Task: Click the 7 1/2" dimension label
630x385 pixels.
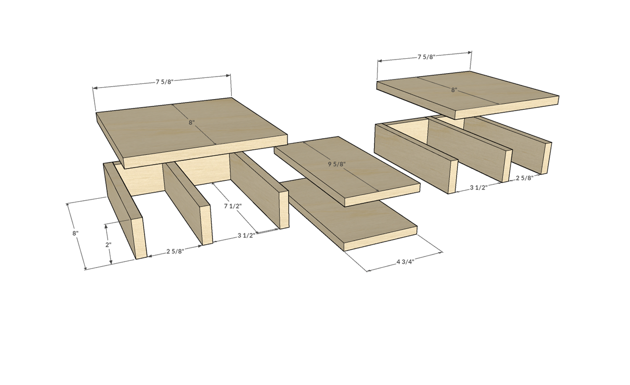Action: coord(233,206)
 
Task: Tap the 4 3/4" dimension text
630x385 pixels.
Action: coord(405,262)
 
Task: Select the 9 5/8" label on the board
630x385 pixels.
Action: coord(336,164)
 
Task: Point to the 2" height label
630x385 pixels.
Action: coord(108,245)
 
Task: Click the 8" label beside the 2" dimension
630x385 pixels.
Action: coord(75,233)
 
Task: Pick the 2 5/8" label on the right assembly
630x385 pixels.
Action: coord(525,178)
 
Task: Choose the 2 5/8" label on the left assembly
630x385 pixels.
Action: coord(175,251)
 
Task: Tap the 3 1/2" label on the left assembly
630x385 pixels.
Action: coord(246,235)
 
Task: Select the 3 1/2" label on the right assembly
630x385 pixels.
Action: coord(479,187)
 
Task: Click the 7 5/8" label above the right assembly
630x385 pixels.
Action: coord(427,57)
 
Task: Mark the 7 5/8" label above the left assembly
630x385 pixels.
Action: coord(165,82)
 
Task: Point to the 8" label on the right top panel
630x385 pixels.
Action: coord(454,90)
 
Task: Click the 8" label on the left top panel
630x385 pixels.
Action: coord(191,123)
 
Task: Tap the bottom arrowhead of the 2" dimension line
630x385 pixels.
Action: coord(111,262)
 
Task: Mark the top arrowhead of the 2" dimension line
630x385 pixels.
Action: coord(106,227)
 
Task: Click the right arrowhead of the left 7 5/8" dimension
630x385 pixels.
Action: coord(228,76)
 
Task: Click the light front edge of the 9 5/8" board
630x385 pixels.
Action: coord(382,195)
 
